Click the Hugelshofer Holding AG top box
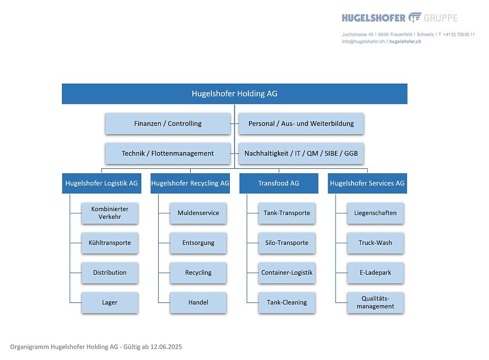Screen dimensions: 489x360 coord(235,94)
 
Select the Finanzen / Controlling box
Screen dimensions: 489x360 coord(168,124)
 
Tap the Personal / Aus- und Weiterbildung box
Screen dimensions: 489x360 coord(301,124)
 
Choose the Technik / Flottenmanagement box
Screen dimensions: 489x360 coord(168,153)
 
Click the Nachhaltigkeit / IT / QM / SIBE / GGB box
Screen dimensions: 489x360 coord(301,153)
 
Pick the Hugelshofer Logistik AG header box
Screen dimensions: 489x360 coord(102,184)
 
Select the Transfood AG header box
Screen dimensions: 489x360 coord(279,184)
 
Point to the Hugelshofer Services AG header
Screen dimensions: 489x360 coord(367,184)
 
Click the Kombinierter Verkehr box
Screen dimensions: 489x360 coord(110,213)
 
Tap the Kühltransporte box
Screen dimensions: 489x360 coord(110,243)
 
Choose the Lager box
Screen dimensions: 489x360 coord(110,302)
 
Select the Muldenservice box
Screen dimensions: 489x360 coord(198,213)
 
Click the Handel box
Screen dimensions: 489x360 coord(198,302)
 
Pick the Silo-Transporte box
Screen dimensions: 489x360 coord(287,243)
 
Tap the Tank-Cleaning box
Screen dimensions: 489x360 coord(287,302)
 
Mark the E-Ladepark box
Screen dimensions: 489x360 coord(375,273)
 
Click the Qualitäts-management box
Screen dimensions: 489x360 coord(375,302)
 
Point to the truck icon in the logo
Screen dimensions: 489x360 coord(415,17)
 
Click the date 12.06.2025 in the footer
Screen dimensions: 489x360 coord(166,347)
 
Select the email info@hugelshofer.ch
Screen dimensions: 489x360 coord(363,41)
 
